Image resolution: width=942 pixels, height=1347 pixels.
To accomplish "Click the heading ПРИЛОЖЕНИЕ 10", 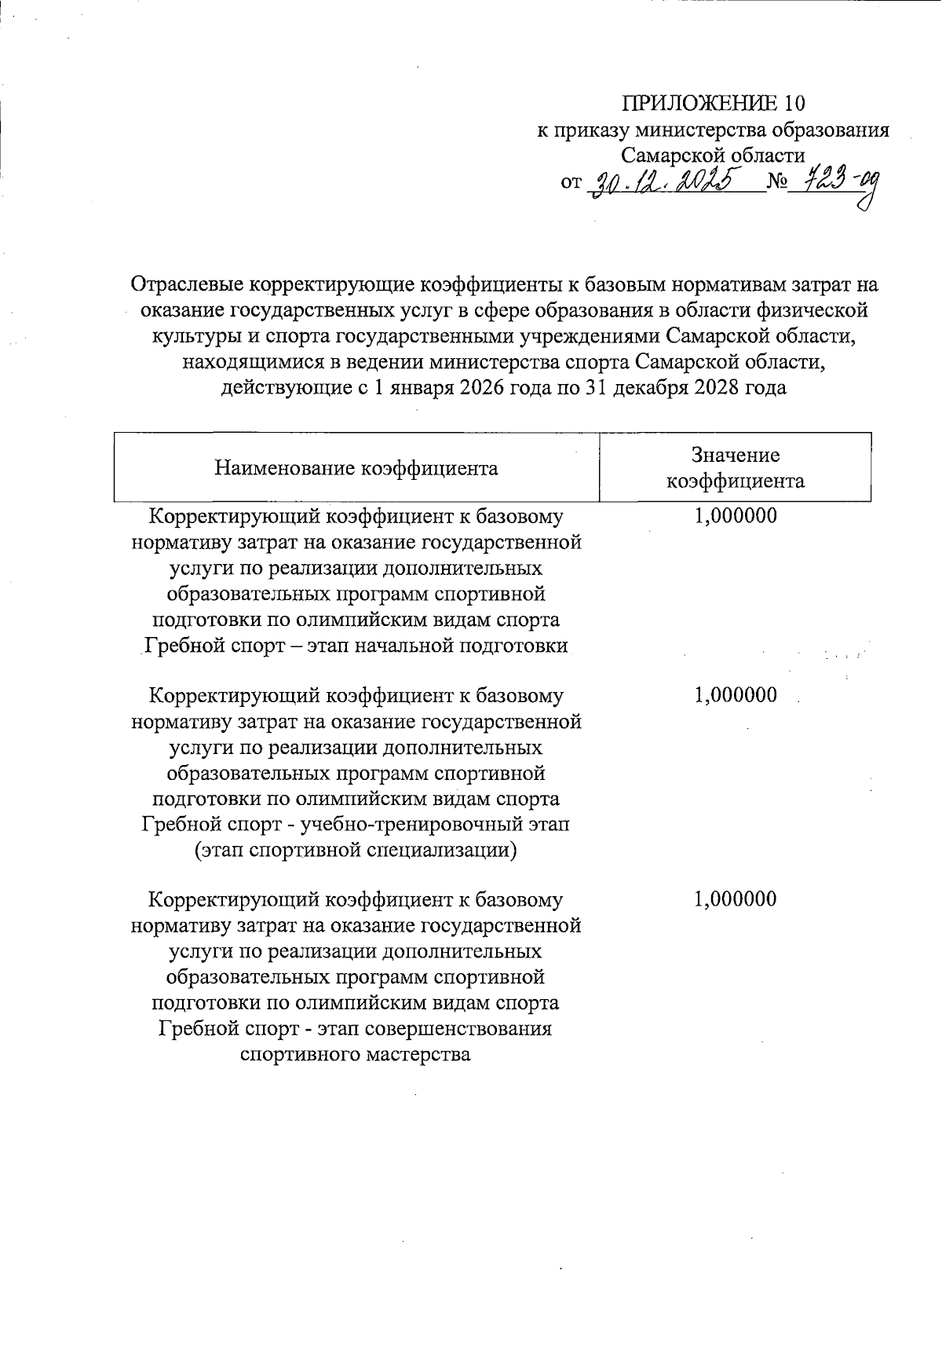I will click(x=714, y=104).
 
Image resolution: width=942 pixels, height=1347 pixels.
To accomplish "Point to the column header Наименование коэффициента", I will click(x=356, y=469).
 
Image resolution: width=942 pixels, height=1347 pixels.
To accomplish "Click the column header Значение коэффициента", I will click(x=736, y=468).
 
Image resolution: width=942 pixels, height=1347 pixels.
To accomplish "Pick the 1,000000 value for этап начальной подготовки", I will click(x=736, y=516).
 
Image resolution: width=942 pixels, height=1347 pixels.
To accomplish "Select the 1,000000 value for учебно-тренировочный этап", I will click(x=736, y=695).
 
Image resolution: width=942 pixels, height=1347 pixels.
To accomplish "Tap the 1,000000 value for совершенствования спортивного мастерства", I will click(x=736, y=899).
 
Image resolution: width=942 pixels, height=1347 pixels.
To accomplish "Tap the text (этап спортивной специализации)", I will click(x=356, y=850).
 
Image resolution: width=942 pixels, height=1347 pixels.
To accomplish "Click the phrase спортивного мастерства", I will click(x=356, y=1054).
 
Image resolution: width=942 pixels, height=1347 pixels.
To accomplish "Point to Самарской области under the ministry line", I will click(x=713, y=155).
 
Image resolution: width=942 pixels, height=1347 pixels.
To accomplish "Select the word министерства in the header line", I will click(x=702, y=130).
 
